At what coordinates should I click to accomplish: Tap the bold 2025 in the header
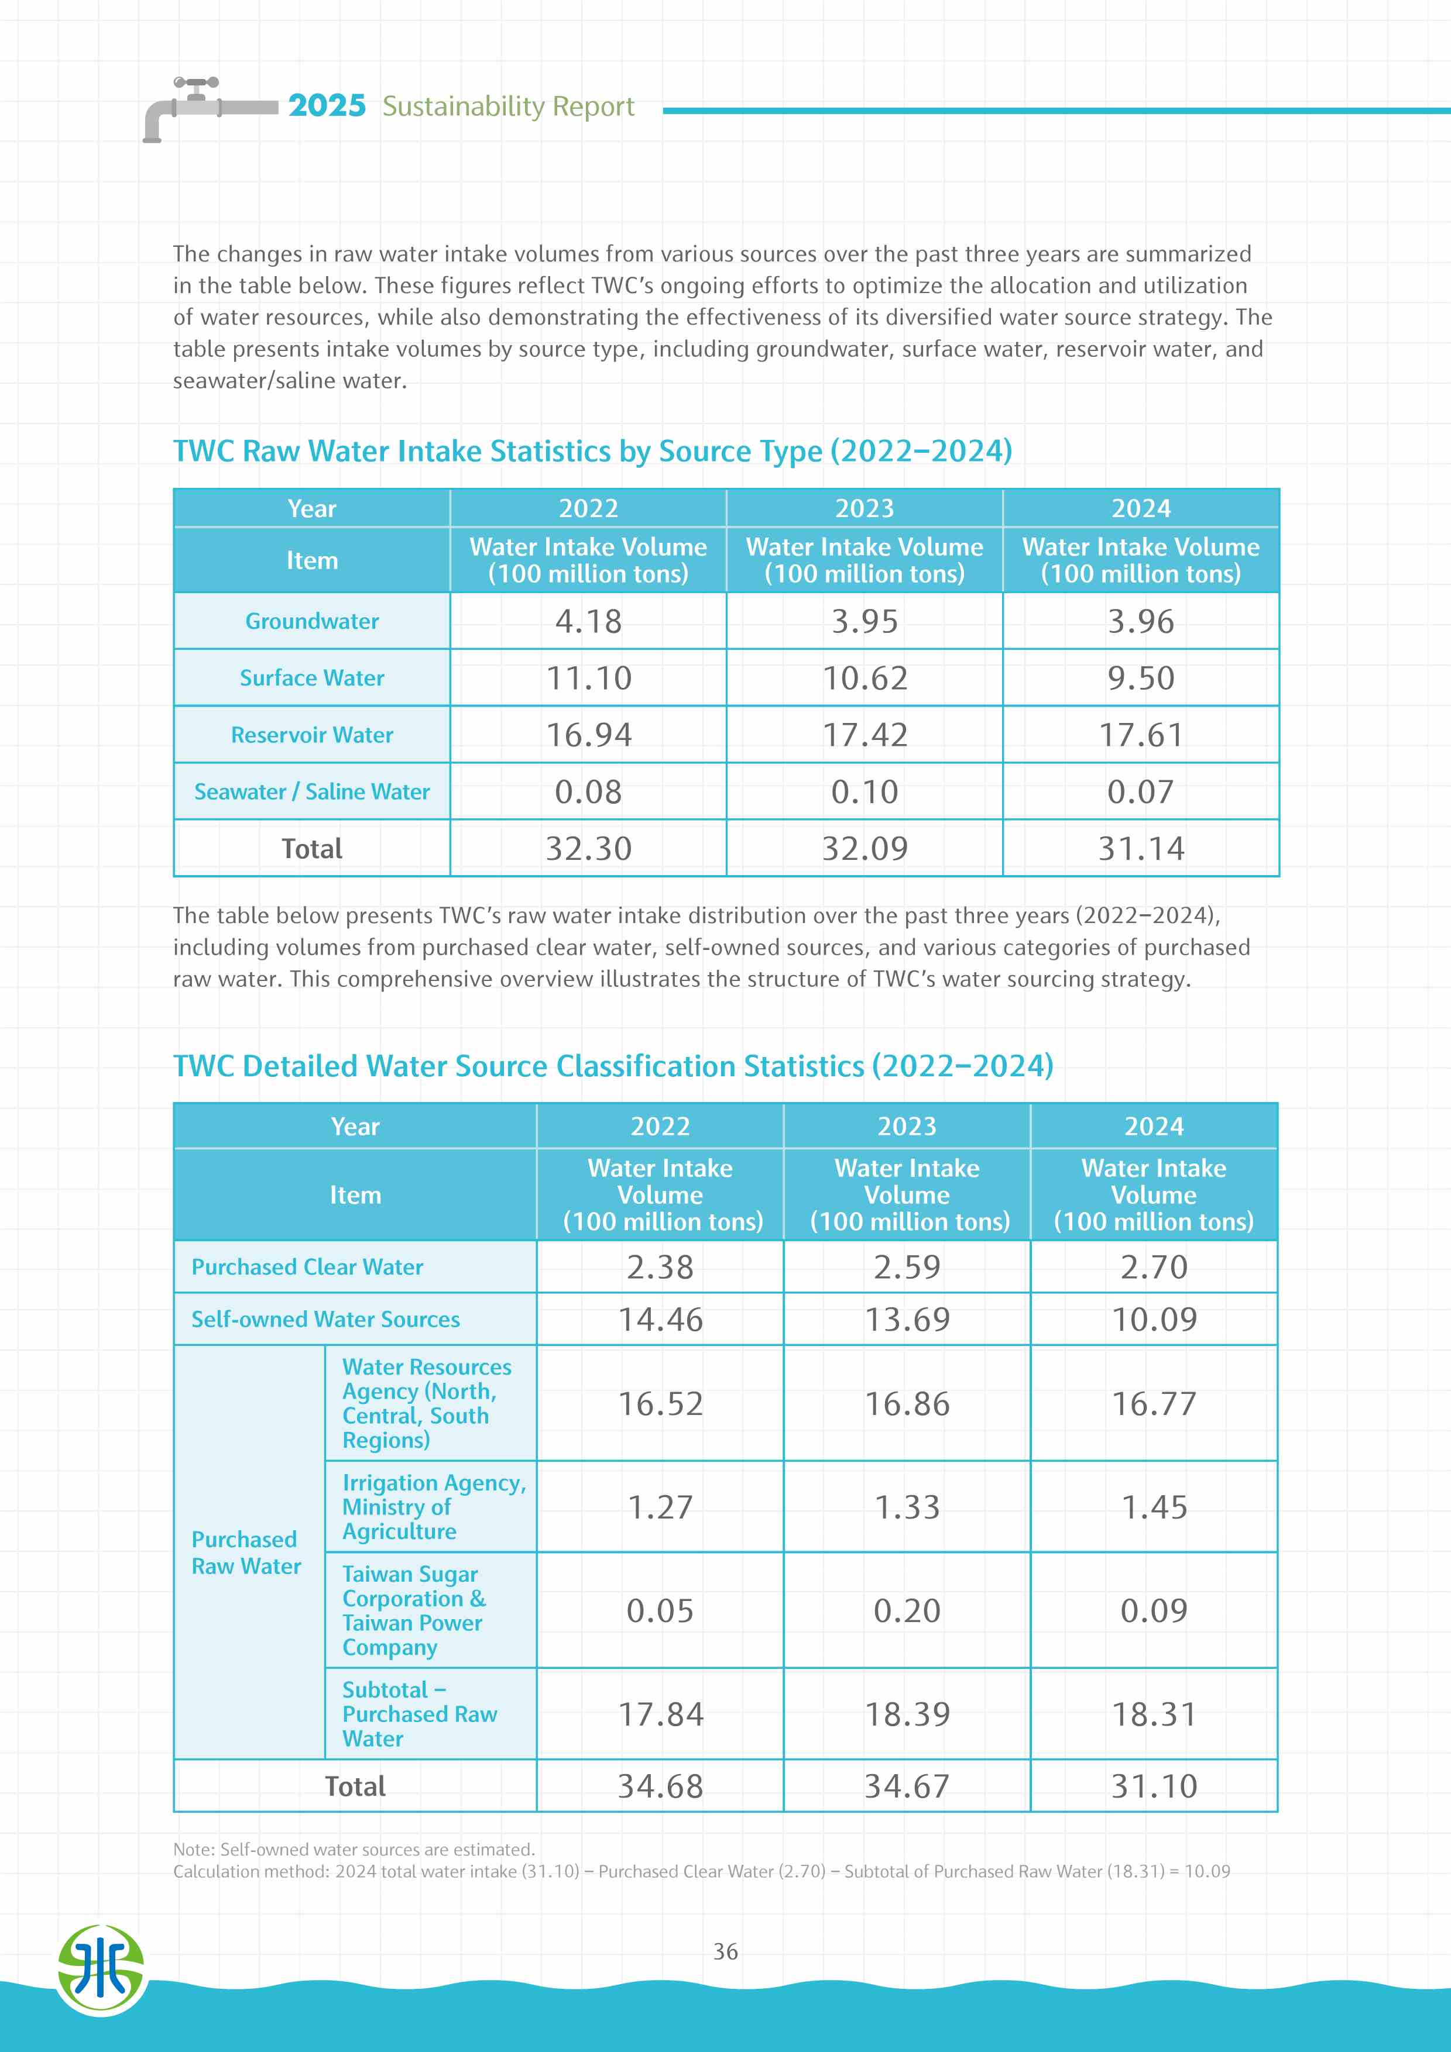pos(327,106)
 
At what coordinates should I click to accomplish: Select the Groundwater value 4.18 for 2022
pos(588,621)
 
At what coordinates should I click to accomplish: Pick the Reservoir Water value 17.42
pos(865,735)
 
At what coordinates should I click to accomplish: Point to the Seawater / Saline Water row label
pos(312,792)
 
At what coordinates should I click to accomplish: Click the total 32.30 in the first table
pos(588,848)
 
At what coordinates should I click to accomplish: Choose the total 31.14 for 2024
pos(1141,848)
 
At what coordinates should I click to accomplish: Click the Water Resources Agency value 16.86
pos(907,1403)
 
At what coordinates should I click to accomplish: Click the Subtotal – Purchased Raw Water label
pos(419,1714)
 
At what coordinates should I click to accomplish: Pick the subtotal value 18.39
pos(907,1714)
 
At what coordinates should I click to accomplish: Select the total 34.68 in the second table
pos(661,1786)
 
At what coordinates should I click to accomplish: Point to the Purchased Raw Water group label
pos(246,1552)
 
